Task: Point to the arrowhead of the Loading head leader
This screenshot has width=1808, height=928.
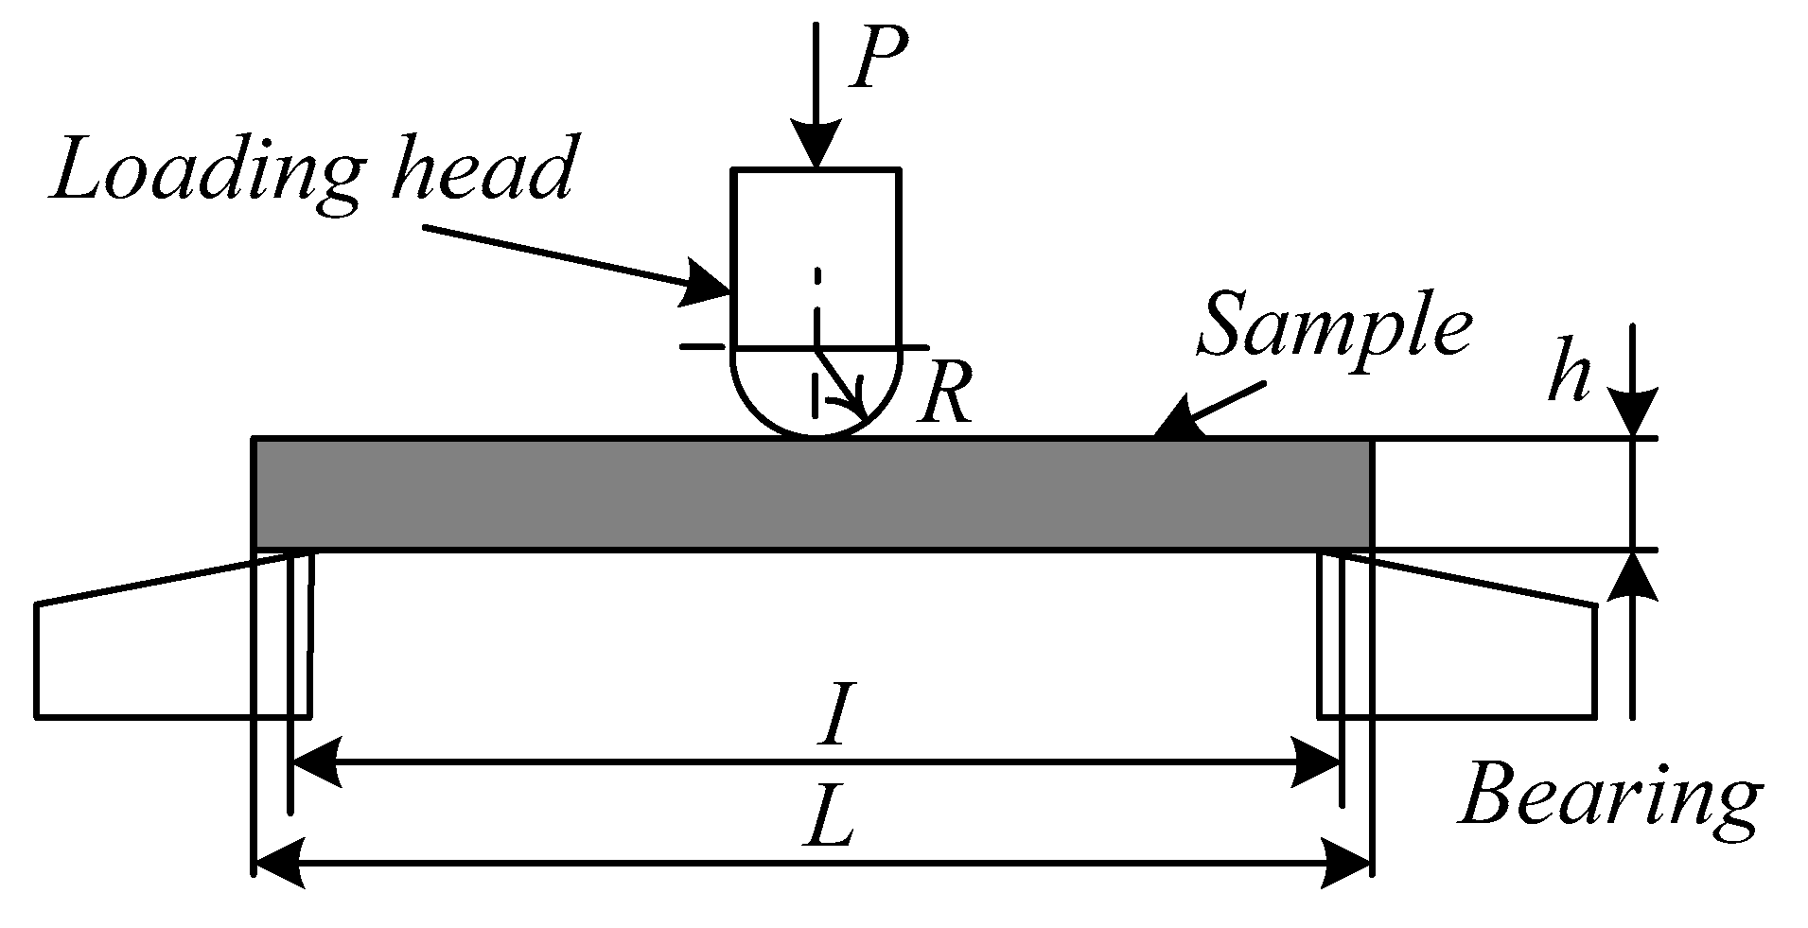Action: point(708,285)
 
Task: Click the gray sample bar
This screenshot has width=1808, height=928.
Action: point(812,494)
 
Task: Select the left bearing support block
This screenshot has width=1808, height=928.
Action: point(170,653)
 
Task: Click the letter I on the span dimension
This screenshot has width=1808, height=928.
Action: point(834,717)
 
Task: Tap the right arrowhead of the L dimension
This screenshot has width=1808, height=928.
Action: point(1347,862)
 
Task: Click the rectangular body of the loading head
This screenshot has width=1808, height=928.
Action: point(816,255)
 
